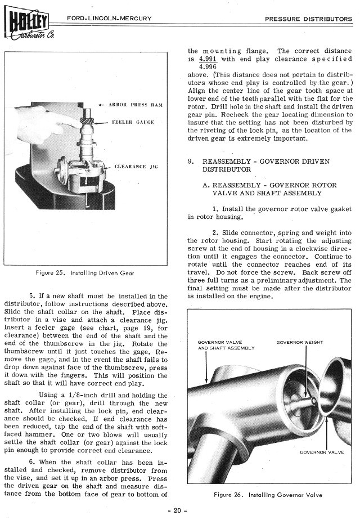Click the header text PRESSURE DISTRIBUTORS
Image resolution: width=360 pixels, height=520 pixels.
point(308,19)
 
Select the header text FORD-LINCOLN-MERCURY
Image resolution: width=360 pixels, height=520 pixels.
point(109,19)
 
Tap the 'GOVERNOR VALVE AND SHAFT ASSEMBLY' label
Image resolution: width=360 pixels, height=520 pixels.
point(227,345)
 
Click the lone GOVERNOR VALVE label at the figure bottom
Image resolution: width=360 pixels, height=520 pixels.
point(322,452)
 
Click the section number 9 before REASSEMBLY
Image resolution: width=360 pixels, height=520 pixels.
point(191,162)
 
